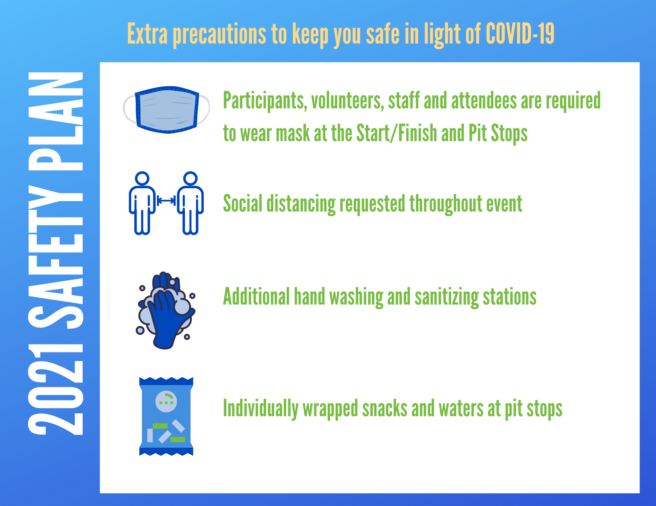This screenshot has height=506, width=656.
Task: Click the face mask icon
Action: (166, 110)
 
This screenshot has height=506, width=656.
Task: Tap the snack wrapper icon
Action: (166, 416)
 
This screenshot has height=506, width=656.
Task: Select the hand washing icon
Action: (166, 310)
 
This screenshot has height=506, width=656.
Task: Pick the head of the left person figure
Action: (142, 178)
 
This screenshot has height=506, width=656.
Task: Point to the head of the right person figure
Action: (191, 178)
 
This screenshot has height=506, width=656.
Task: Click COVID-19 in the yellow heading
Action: (520, 33)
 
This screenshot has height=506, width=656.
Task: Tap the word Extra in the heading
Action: (147, 33)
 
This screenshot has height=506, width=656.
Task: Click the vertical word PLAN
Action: (56, 121)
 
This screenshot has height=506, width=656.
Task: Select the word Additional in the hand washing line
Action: (256, 296)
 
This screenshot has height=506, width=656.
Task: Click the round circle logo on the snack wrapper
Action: (166, 401)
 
